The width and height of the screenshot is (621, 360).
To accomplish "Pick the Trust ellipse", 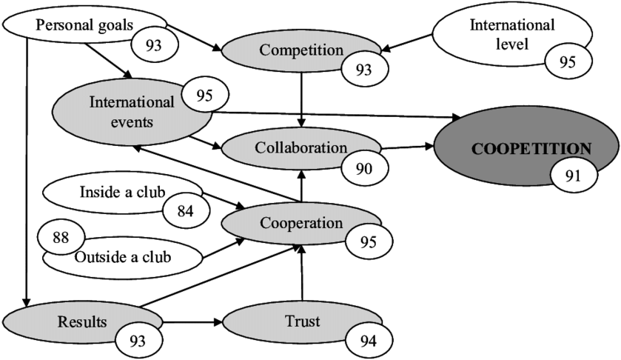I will click(x=296, y=322).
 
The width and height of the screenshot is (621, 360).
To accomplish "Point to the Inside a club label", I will click(x=121, y=192).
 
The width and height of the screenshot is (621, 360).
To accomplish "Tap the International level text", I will click(x=512, y=34).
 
